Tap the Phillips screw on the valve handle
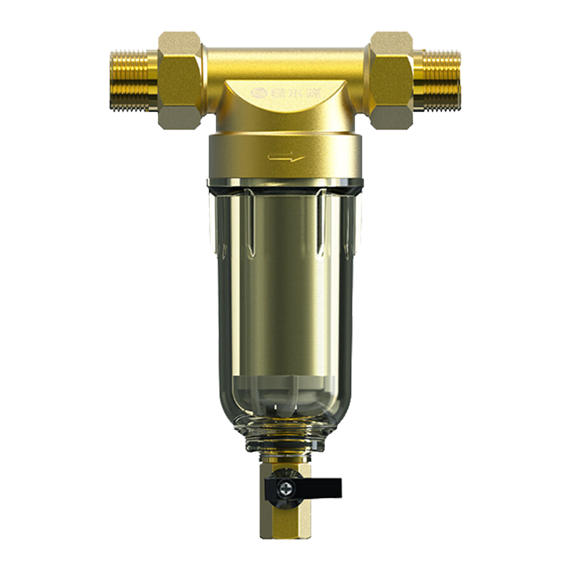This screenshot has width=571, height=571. [285, 489]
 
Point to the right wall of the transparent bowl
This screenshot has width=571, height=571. [350, 300]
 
